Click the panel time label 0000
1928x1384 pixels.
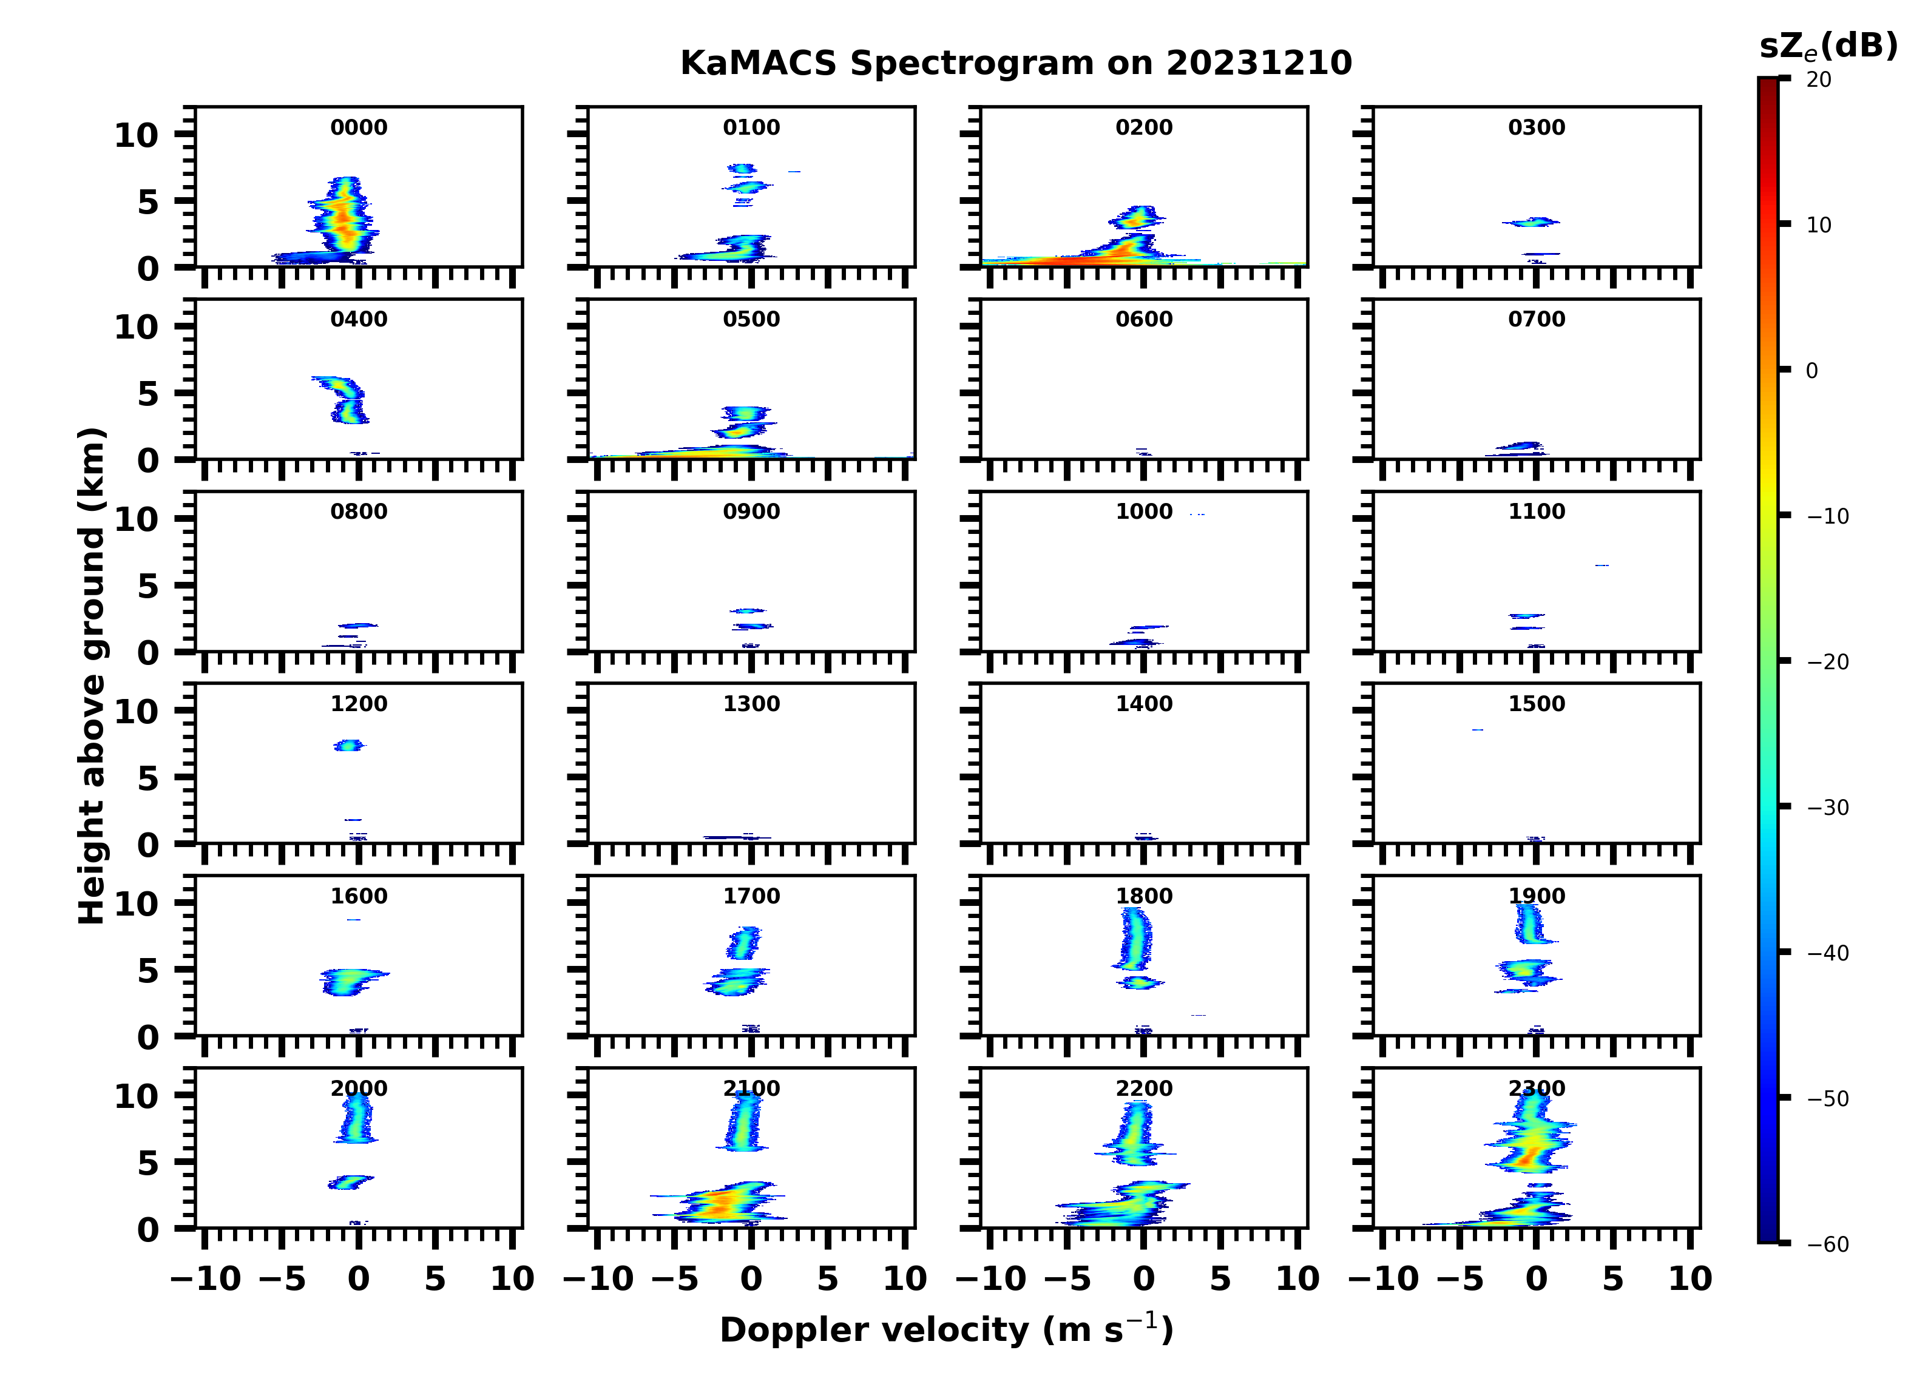click(x=358, y=127)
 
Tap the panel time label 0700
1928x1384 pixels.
click(x=1536, y=320)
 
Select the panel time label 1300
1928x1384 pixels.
click(x=751, y=704)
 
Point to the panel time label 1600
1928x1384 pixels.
click(x=358, y=896)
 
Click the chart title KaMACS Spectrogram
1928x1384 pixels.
click(x=1016, y=63)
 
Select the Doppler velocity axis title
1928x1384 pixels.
click(x=946, y=1329)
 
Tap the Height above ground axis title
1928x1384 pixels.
click(x=92, y=676)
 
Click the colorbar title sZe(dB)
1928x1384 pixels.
click(x=1828, y=47)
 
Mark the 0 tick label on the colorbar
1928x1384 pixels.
click(x=1811, y=371)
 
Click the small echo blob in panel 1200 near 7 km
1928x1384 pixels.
click(x=348, y=746)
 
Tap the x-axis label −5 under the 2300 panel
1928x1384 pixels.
click(x=1460, y=1278)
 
